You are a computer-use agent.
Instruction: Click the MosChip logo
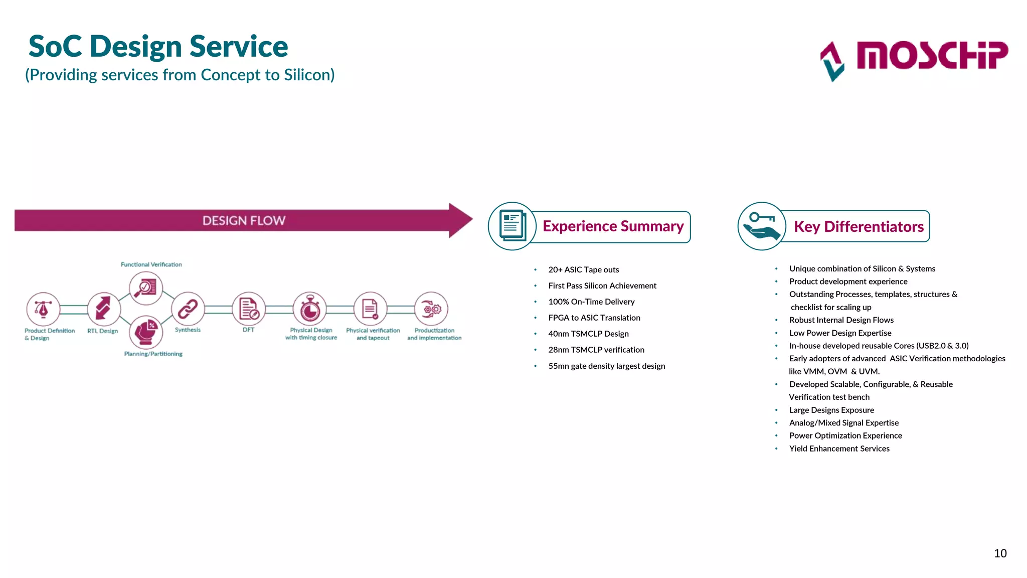point(914,59)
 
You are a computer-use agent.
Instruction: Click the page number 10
point(1000,553)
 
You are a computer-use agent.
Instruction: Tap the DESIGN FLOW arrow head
point(460,220)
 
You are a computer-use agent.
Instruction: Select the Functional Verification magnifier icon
point(145,288)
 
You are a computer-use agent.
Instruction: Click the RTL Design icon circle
point(104,309)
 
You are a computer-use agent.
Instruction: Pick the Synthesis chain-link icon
point(188,309)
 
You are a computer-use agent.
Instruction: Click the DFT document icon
point(249,309)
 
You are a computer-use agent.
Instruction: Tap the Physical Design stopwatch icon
point(310,309)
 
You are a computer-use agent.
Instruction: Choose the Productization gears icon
point(431,309)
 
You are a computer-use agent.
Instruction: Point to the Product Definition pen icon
point(43,309)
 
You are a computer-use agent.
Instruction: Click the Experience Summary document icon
point(512,226)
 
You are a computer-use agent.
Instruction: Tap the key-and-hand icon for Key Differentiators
point(761,226)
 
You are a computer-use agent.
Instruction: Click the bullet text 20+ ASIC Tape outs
point(583,269)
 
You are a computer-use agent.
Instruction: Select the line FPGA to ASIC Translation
point(594,318)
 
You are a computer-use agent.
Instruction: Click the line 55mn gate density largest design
point(606,366)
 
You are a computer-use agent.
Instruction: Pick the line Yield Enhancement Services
point(839,449)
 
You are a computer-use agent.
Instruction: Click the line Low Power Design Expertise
point(840,333)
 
